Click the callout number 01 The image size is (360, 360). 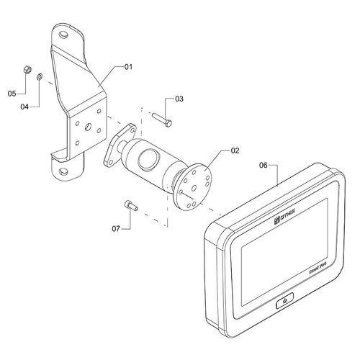tap(129, 67)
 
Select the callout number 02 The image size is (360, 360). tap(234, 151)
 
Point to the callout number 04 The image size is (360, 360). tap(24, 107)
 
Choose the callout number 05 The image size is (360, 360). tap(12, 94)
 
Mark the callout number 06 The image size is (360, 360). tap(264, 165)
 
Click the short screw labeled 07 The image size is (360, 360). tap(130, 206)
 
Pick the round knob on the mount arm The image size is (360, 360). tap(148, 158)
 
